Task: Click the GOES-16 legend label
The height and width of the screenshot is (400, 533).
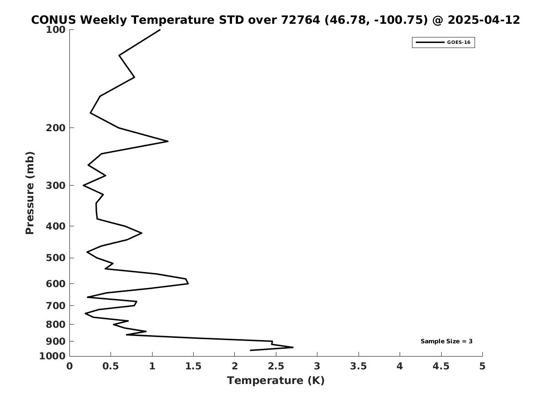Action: pos(459,43)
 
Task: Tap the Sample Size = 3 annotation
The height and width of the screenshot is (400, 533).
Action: pos(446,341)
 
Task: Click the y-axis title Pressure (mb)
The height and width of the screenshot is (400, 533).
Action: pos(30,193)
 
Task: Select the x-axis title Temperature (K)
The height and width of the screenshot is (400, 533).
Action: pos(276,380)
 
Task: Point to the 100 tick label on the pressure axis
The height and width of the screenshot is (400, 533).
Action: pos(55,30)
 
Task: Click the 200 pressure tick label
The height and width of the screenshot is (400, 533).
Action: pos(55,128)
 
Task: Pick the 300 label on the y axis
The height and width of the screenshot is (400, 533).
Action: pos(55,186)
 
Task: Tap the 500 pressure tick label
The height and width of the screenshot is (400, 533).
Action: pos(55,258)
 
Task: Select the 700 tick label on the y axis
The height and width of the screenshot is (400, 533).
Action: pos(55,306)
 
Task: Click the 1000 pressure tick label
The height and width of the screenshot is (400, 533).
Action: pos(53,356)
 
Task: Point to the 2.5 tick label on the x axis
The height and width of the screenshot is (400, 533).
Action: pos(276,366)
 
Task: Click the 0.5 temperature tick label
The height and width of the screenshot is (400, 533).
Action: pos(111,366)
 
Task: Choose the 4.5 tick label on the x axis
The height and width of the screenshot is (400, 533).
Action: pos(441,366)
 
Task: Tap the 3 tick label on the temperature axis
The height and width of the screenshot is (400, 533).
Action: pos(317,366)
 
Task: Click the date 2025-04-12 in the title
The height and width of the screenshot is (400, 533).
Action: pos(484,20)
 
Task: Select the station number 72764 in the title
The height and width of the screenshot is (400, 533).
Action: pos(301,20)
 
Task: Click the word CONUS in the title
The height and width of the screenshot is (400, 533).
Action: pos(54,20)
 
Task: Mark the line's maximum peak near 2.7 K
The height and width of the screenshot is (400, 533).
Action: pos(293,347)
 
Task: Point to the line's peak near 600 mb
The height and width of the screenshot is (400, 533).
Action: pos(188,283)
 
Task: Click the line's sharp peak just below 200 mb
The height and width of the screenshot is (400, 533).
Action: pos(168,141)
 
